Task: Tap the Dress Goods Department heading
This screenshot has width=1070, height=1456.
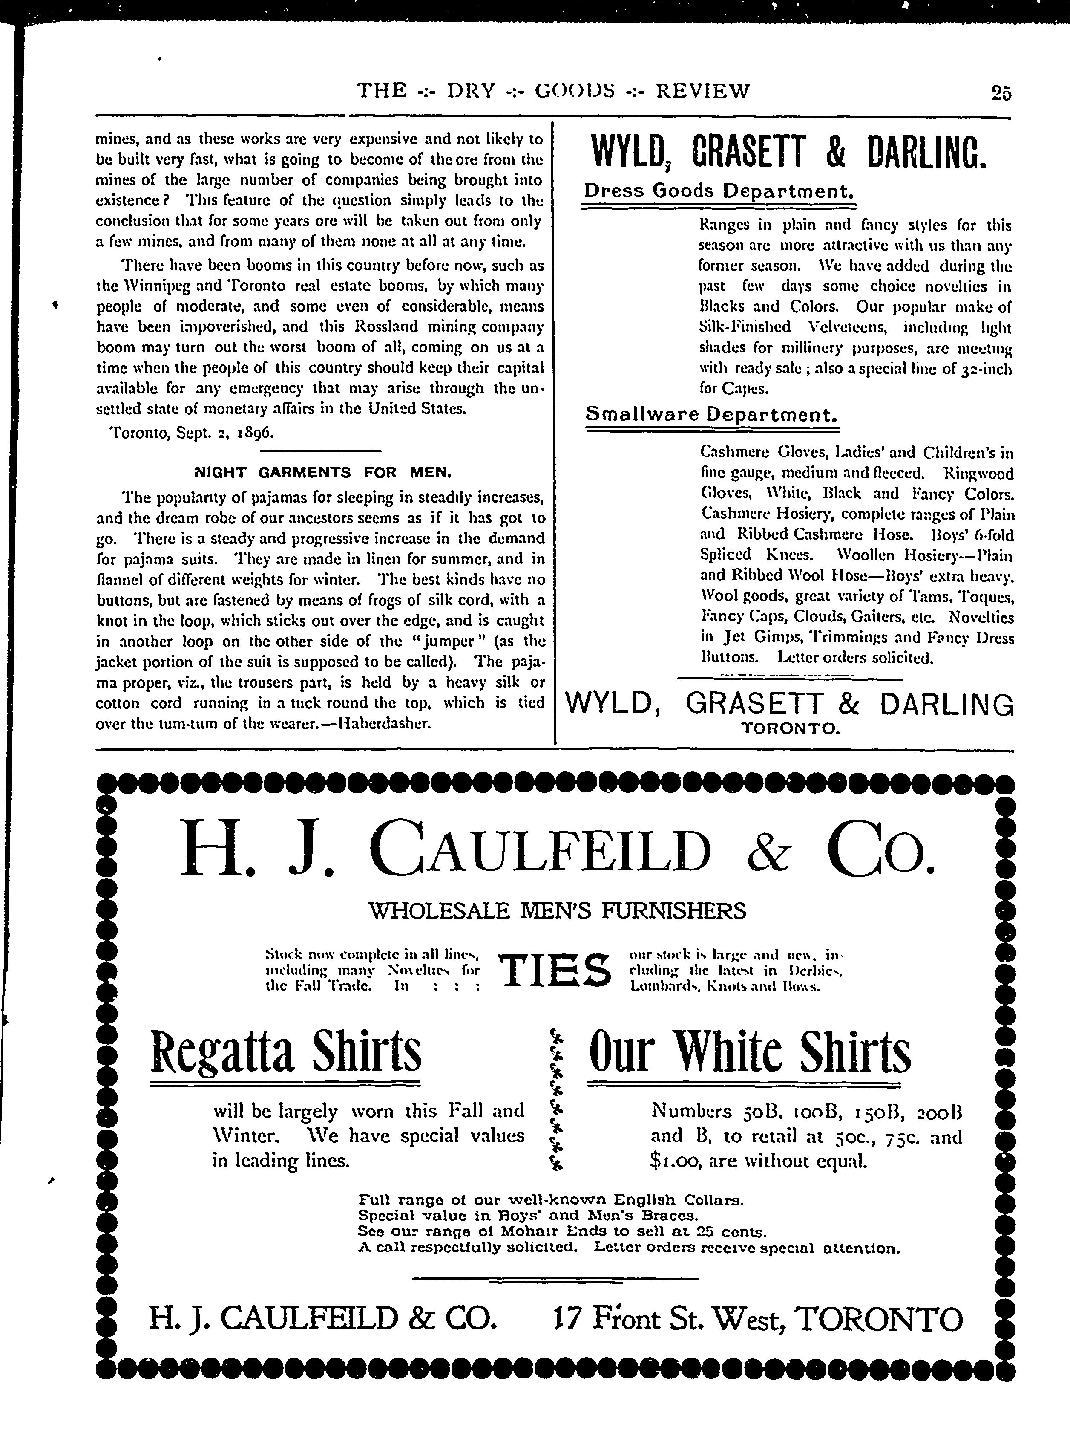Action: coord(718,191)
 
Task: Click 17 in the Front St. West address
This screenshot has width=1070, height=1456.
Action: coord(562,1319)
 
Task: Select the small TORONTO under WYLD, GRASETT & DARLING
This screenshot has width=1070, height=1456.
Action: coord(790,729)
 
